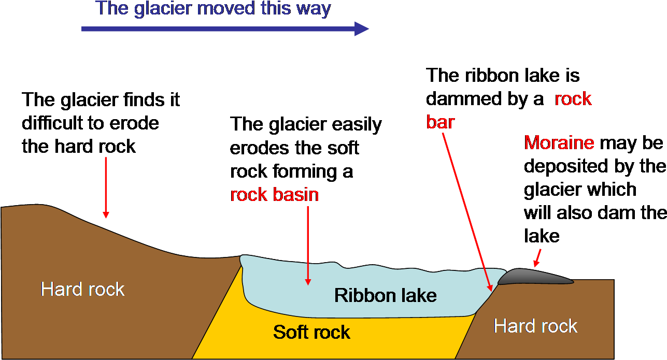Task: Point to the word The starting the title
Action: click(x=111, y=9)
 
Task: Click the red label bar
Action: click(x=441, y=122)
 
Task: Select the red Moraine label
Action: click(x=559, y=142)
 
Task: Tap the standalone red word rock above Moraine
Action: click(x=573, y=99)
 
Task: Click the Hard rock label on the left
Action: click(x=83, y=289)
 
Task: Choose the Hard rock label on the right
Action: click(x=535, y=326)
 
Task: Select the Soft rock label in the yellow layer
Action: click(x=312, y=332)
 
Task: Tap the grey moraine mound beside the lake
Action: click(x=534, y=277)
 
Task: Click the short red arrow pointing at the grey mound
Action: click(x=538, y=257)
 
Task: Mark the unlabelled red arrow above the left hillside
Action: click(x=106, y=187)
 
